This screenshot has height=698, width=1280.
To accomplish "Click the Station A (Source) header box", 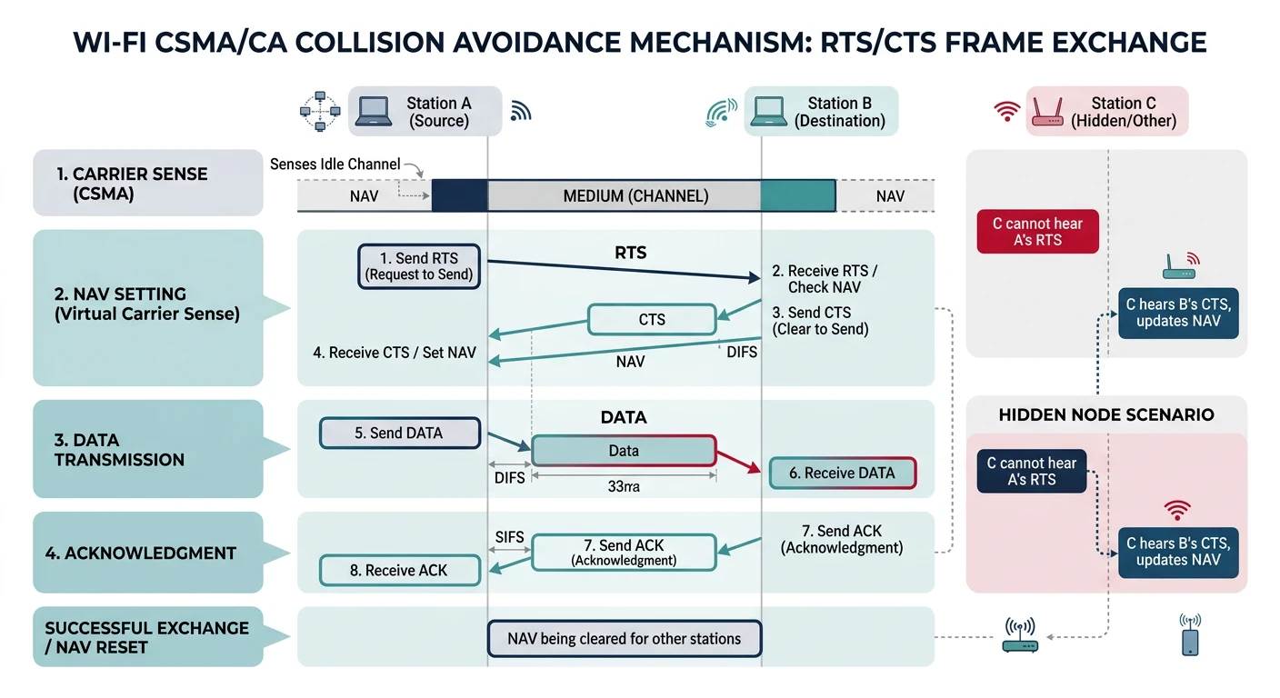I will pyautogui.click(x=425, y=112).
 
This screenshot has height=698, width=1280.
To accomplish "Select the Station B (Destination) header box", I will pyautogui.click(x=822, y=112).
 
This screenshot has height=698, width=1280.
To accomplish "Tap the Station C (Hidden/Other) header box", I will pyautogui.click(x=1107, y=112).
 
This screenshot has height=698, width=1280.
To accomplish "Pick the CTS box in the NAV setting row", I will pyautogui.click(x=652, y=320).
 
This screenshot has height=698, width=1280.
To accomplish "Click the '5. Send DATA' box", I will pyautogui.click(x=399, y=434).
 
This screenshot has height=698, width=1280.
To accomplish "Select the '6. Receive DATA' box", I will pyautogui.click(x=842, y=473).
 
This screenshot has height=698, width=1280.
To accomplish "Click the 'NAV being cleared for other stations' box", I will pyautogui.click(x=624, y=639).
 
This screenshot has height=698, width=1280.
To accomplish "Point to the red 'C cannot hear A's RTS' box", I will pyautogui.click(x=1037, y=232).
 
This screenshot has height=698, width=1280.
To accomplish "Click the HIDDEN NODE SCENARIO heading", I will pyautogui.click(x=1105, y=414).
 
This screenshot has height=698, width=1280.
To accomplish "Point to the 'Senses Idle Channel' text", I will pyautogui.click(x=335, y=165).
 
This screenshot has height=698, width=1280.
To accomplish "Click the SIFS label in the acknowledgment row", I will pyautogui.click(x=510, y=537).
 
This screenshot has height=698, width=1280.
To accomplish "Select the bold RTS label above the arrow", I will pyautogui.click(x=630, y=253).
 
